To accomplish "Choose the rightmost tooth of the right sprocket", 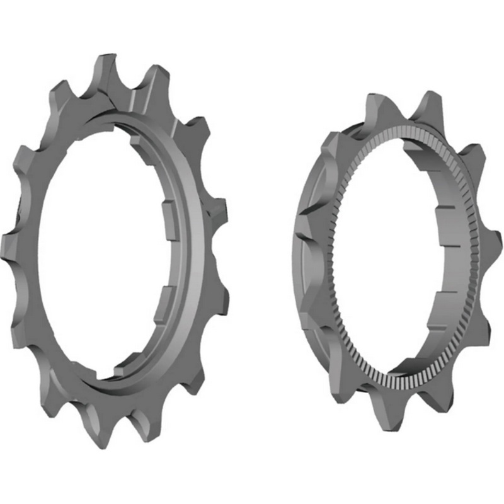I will (x=491, y=243).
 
